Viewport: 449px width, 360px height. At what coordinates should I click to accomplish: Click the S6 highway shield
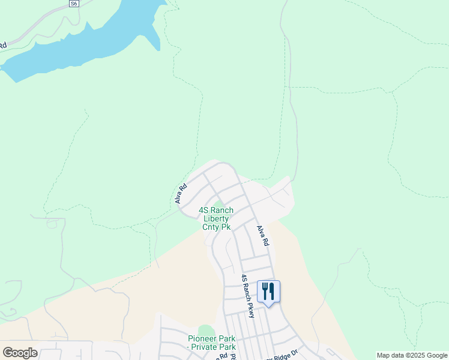tap(73, 4)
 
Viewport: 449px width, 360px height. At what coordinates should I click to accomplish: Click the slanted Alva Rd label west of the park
tap(181, 193)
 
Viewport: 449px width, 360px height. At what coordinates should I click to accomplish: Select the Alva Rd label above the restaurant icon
tap(262, 235)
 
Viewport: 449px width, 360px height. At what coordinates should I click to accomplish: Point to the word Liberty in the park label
tap(216, 218)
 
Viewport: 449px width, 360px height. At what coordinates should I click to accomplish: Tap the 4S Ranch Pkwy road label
tap(248, 296)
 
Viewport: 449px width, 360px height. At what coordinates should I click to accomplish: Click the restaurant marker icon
tap(268, 292)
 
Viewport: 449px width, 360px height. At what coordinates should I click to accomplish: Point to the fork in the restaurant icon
tap(264, 292)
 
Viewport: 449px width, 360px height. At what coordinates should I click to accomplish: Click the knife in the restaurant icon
tap(272, 292)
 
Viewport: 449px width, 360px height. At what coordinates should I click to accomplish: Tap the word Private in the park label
tap(205, 347)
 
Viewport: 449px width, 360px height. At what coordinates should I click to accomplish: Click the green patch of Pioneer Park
tap(206, 331)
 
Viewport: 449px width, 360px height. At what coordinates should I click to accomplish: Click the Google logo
tap(20, 353)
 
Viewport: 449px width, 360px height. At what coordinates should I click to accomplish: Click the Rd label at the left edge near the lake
tap(2, 45)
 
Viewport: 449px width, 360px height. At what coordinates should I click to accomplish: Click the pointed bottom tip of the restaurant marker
tap(268, 306)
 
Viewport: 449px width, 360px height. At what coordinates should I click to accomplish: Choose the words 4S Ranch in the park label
tap(216, 210)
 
